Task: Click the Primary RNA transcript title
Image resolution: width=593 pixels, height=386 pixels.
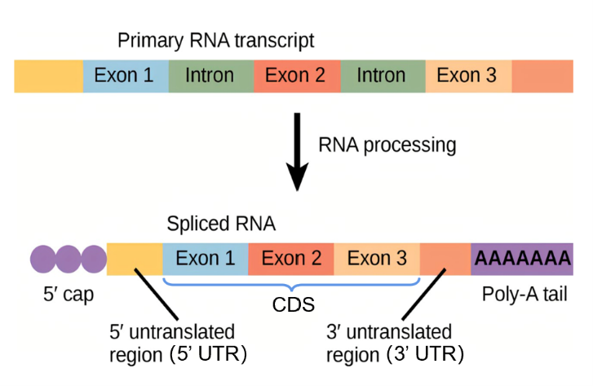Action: (215, 40)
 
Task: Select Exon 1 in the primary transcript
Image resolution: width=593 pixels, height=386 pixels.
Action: (124, 76)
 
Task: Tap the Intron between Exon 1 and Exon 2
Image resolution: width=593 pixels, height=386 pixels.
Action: (210, 76)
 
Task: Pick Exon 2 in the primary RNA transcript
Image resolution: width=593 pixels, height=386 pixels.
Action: (295, 76)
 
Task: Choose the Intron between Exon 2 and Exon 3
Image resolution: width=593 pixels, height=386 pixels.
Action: (381, 76)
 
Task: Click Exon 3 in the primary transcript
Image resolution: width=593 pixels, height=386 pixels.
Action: (467, 76)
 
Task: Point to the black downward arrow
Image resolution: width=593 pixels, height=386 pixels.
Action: (299, 154)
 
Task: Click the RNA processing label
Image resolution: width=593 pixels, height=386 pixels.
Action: (387, 145)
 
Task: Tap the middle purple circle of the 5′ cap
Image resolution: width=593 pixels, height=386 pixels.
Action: (69, 259)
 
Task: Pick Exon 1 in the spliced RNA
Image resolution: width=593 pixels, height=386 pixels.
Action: (206, 259)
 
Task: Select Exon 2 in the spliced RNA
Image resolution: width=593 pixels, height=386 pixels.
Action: (291, 259)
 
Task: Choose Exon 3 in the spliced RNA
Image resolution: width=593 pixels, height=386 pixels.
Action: (377, 259)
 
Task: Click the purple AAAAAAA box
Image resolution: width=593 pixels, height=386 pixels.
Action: (522, 259)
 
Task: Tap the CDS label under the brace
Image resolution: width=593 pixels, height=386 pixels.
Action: (292, 304)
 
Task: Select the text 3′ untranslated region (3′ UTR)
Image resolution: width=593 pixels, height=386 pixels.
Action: (396, 344)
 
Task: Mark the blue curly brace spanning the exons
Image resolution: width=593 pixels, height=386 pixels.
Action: (292, 284)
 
